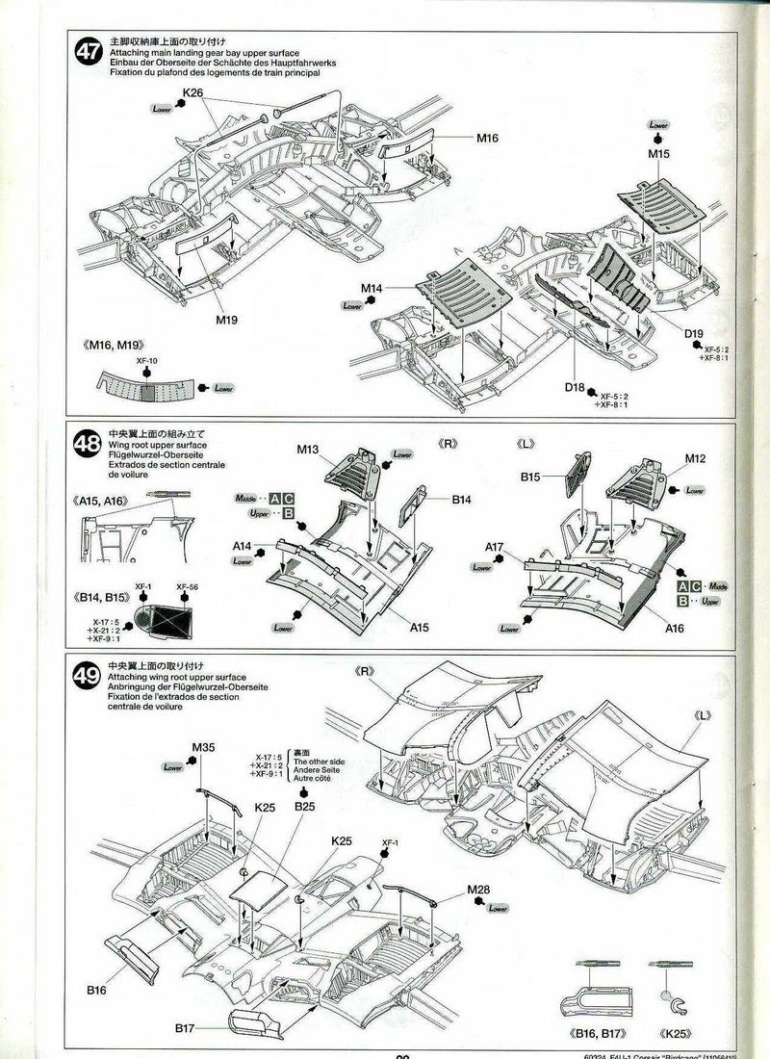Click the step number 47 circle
[x=88, y=53]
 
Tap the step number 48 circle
[x=88, y=446]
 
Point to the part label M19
[x=226, y=320]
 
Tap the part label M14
[x=372, y=289]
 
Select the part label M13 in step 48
[x=307, y=449]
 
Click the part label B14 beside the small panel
[x=462, y=500]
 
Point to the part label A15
[x=419, y=628]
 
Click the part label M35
[x=203, y=747]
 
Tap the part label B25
[x=305, y=806]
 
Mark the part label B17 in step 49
[x=186, y=1029]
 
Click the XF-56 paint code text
[x=187, y=587]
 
